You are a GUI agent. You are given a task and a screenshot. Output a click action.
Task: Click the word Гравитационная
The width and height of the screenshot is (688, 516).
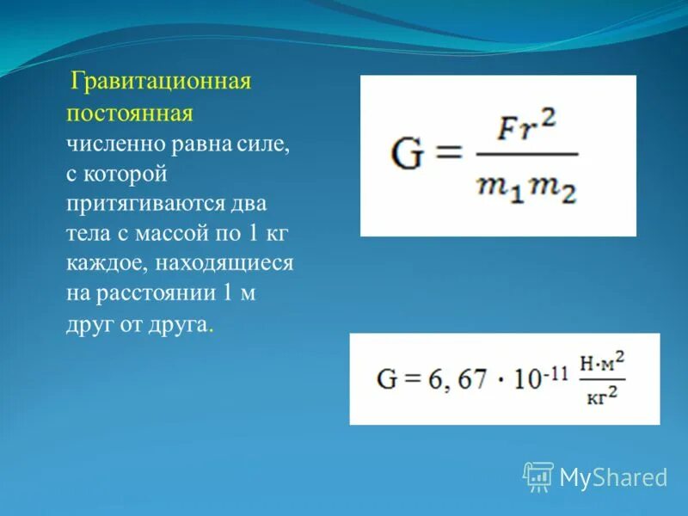click(161, 83)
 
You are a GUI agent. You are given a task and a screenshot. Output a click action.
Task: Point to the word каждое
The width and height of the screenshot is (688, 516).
click(101, 264)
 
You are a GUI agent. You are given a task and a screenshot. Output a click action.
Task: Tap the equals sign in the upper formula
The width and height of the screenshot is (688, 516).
click(448, 156)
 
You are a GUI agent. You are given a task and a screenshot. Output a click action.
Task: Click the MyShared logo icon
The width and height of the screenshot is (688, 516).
click(538, 476)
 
